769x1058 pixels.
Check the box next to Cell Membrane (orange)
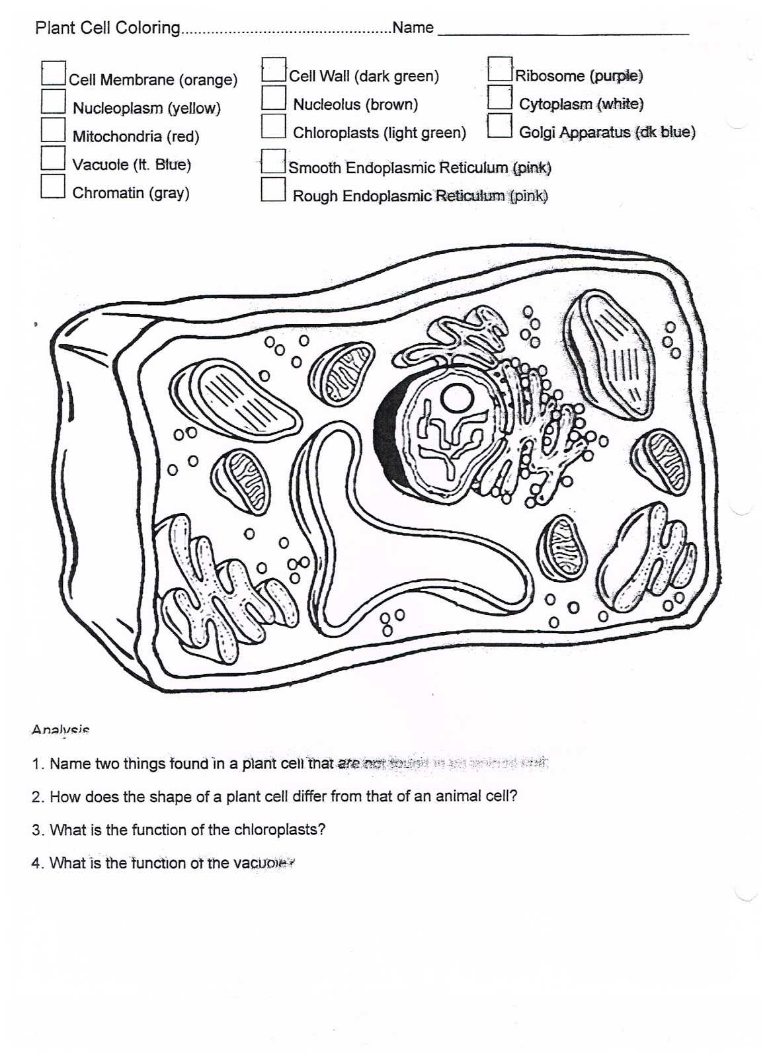54,73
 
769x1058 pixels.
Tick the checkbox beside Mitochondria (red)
53,130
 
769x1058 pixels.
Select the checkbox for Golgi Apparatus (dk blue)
499,126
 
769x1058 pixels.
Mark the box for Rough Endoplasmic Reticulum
272,190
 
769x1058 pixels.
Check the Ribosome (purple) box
500,69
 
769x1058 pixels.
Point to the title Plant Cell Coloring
107,28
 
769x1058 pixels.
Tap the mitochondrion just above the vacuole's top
343,374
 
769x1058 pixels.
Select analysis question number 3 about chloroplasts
179,830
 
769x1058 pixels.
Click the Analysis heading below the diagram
60,730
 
